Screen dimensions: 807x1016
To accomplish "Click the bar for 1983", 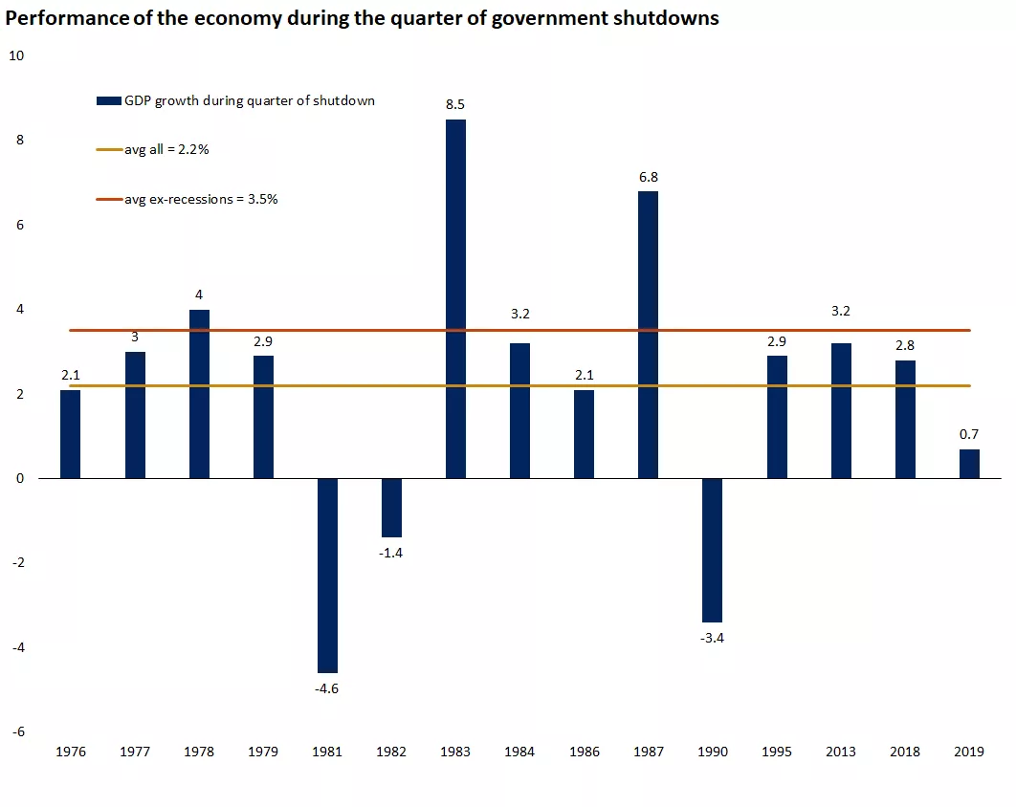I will [455, 298].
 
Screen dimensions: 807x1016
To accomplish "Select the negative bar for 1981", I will [327, 576].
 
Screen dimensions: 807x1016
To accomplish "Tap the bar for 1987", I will [648, 335].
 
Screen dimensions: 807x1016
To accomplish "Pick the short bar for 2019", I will [969, 464].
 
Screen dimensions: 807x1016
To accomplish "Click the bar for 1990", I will [713, 550].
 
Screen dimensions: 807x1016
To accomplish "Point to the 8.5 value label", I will [455, 103].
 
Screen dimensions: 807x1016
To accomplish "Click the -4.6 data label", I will [327, 688].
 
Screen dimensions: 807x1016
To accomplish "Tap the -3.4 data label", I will [713, 638].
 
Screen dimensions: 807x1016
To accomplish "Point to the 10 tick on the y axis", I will [15, 55].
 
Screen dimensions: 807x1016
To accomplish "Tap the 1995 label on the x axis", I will [777, 752].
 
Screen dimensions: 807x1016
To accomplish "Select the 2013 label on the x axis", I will [841, 752].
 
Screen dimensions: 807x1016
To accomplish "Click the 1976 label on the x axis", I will [70, 752].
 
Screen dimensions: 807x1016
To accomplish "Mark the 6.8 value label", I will [648, 176].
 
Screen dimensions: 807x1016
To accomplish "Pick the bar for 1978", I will [199, 394].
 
